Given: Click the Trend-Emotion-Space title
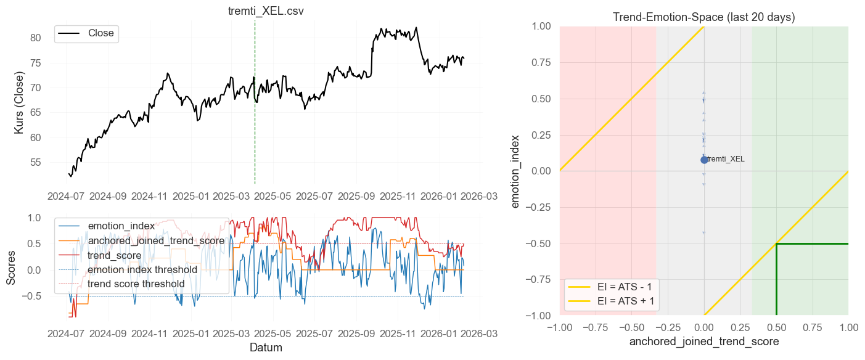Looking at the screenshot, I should (x=703, y=17).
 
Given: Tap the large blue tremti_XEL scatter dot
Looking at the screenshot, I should (x=704, y=160).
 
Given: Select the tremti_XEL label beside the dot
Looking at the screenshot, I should (x=726, y=159).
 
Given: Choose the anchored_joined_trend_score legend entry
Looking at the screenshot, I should (x=156, y=240).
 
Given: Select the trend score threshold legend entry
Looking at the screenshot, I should (x=136, y=284).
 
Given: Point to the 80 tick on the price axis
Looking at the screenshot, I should (x=36, y=38).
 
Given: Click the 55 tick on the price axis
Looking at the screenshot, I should (x=36, y=162).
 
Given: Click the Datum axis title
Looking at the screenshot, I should (x=266, y=348).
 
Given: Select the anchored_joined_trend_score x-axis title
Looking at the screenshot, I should (x=703, y=341).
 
